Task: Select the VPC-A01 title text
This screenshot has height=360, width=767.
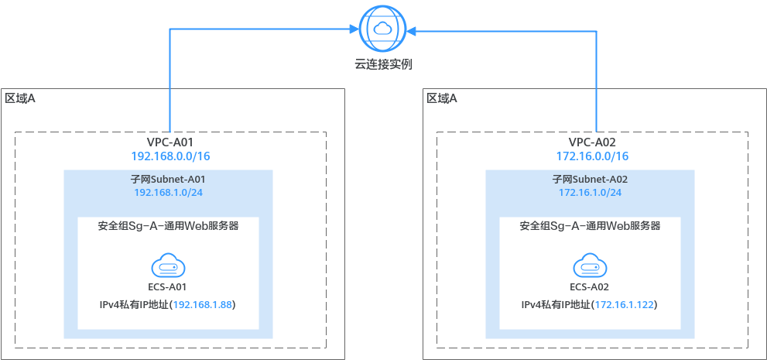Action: pos(169,142)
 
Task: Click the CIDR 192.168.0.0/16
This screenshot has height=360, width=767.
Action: pos(171,156)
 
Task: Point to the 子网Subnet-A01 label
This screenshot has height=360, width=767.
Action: pos(168,179)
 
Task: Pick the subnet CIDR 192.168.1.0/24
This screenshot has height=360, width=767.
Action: pos(168,192)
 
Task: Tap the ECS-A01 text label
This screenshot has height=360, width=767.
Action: pos(168,287)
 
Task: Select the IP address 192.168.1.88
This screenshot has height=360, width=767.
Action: pos(203,305)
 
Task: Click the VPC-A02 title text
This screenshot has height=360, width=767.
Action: pos(592,142)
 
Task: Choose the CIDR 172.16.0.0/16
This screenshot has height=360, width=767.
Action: pos(592,156)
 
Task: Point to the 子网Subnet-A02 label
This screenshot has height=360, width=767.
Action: pos(590,179)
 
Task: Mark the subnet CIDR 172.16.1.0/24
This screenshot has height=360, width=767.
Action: pos(590,192)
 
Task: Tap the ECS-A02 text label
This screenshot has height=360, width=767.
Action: pos(590,287)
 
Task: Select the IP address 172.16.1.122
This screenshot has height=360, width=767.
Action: pos(624,305)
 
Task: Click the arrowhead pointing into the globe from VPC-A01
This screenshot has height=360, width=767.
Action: pos(354,30)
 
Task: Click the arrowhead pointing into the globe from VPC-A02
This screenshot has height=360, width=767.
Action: pos(412,31)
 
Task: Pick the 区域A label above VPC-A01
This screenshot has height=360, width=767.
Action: pos(20,98)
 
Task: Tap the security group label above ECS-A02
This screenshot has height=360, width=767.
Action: pos(590,226)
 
